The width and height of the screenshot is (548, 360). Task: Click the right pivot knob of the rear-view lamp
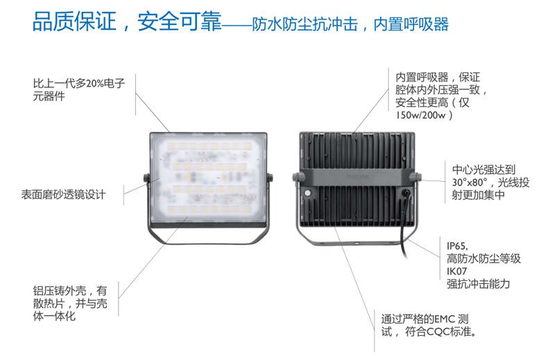421,180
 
